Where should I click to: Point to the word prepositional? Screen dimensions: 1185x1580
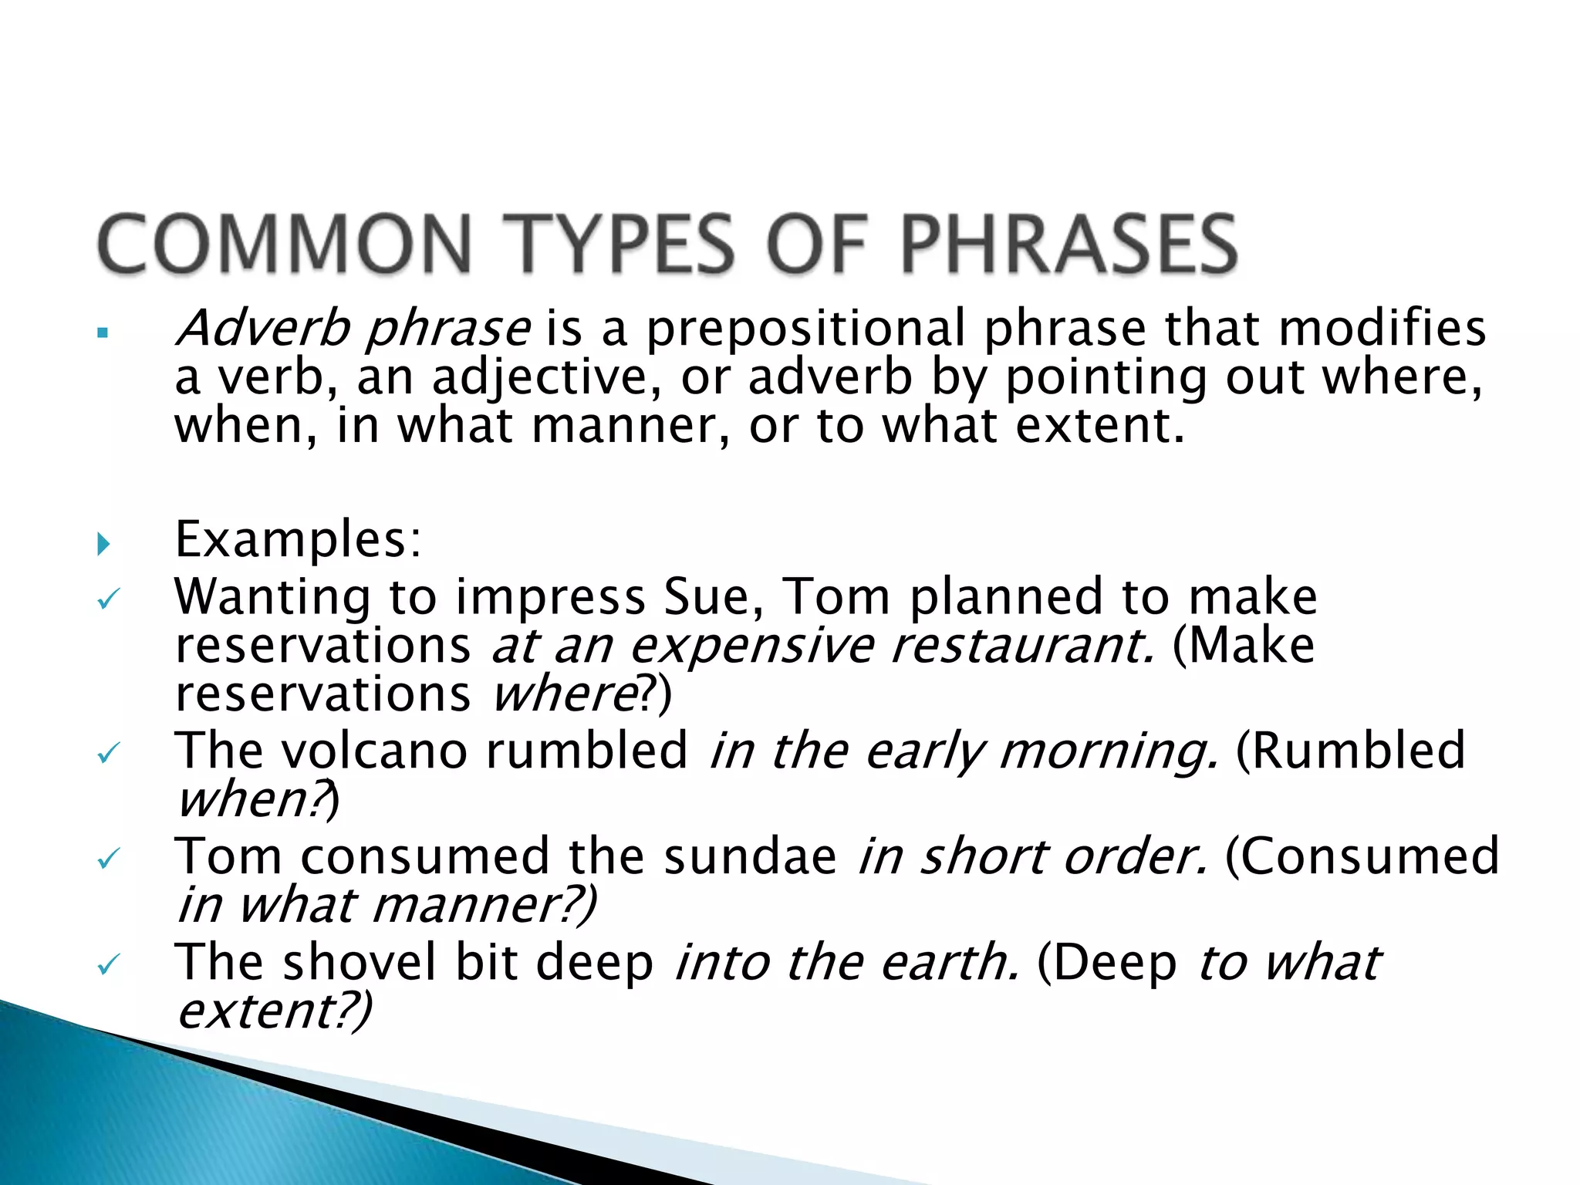805,328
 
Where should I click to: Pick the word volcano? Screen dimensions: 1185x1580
373,750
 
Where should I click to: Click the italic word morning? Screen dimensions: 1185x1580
1109,750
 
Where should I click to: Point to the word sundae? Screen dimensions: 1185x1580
750,856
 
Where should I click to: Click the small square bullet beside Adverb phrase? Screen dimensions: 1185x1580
102,334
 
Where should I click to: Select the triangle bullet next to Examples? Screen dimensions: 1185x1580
104,545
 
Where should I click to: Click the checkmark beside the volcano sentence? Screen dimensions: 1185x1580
107,753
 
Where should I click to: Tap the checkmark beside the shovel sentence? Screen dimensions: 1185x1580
107,964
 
